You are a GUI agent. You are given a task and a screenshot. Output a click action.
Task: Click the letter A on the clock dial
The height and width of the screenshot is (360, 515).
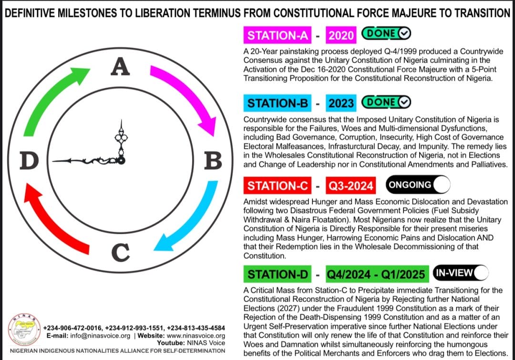[121, 66]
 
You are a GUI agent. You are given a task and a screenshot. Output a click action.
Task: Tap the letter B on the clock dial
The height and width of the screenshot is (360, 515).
[213, 161]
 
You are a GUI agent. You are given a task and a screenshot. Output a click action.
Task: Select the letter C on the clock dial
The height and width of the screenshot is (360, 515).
[122, 252]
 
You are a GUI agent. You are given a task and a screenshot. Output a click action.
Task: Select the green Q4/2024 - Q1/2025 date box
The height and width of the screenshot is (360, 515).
[376, 274]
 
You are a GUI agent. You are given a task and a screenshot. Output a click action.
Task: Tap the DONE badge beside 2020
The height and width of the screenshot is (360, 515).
[386, 34]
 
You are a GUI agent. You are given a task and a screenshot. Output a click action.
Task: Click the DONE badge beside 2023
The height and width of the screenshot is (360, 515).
[386, 102]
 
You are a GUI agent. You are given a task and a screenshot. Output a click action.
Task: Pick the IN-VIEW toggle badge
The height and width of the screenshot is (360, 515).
[460, 273]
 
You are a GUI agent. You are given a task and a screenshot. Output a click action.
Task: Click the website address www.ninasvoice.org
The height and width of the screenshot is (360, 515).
[196, 336]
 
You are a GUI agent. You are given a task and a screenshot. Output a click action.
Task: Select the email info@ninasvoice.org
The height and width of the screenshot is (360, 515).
[98, 336]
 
